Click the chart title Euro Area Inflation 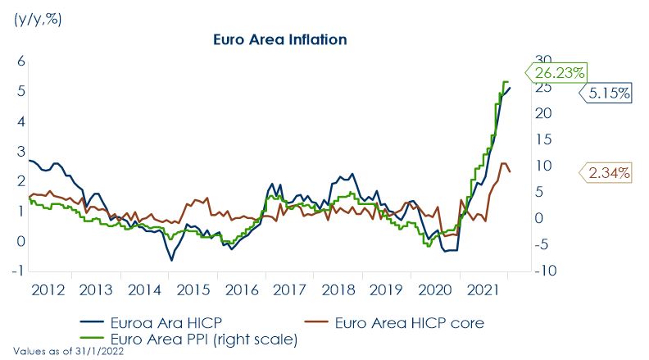coord(280,39)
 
